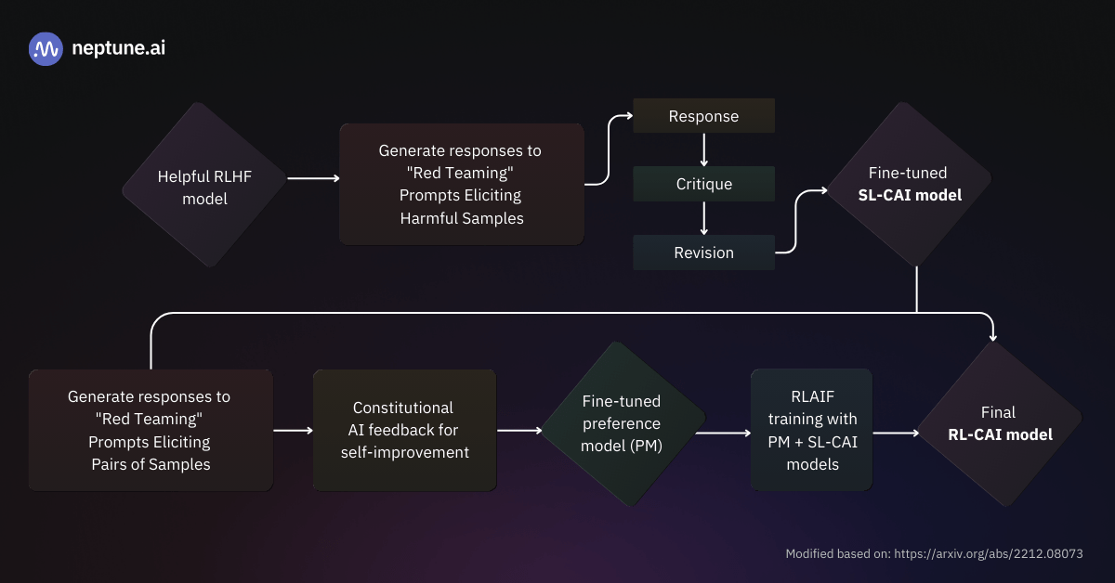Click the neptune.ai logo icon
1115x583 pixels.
pyautogui.click(x=46, y=49)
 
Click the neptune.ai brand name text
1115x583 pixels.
pyautogui.click(x=118, y=49)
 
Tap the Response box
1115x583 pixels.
pyautogui.click(x=703, y=116)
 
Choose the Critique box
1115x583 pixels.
pyautogui.click(x=703, y=184)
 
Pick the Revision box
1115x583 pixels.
pyautogui.click(x=703, y=253)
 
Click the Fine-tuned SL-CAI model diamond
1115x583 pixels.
pyautogui.click(x=907, y=184)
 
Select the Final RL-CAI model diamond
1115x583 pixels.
pyautogui.click(x=1000, y=423)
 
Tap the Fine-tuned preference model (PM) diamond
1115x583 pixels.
pyautogui.click(x=621, y=423)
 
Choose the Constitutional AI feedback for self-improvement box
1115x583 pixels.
pyautogui.click(x=403, y=430)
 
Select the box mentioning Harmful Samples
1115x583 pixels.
pyautogui.click(x=461, y=185)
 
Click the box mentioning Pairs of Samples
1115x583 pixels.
pyautogui.click(x=150, y=430)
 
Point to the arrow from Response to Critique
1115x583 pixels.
pyautogui.click(x=703, y=149)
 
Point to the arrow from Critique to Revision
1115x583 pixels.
pyautogui.click(x=703, y=217)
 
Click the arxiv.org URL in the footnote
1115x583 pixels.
pyautogui.click(x=989, y=553)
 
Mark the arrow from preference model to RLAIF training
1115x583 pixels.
pyautogui.click(x=721, y=432)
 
